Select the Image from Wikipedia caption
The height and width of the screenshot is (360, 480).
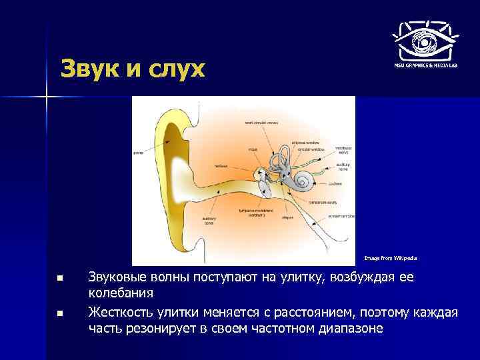coord(391,257)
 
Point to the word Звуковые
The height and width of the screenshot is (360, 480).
coord(122,277)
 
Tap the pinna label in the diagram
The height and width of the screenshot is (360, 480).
coord(139,152)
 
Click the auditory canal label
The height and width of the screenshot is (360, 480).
coord(209,221)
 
